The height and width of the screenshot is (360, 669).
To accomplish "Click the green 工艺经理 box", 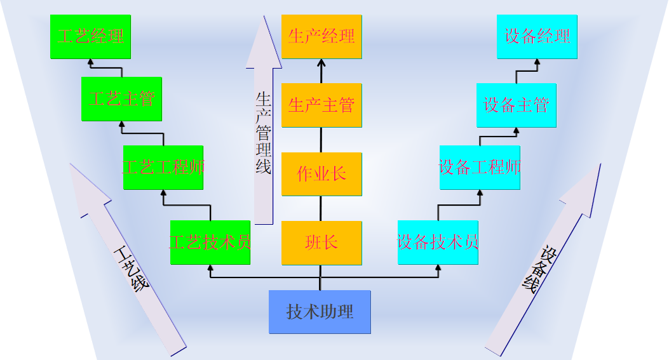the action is click(x=90, y=37).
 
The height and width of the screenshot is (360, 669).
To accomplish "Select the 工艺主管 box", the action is click(x=121, y=99).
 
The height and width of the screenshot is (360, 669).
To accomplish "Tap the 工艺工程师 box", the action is click(x=163, y=168).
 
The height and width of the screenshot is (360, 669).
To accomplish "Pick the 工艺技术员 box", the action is click(x=210, y=243).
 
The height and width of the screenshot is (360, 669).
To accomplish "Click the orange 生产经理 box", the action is click(x=321, y=37).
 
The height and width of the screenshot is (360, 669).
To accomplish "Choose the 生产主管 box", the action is click(x=321, y=105).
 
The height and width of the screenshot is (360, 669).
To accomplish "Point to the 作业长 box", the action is click(x=321, y=174).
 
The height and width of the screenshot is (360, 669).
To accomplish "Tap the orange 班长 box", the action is click(x=321, y=243).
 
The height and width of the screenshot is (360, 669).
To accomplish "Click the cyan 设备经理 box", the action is click(x=537, y=37).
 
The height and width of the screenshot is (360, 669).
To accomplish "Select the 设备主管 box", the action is click(x=517, y=105).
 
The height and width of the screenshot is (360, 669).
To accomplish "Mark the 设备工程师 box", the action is click(x=480, y=168).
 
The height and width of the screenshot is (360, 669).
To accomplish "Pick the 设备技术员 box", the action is click(x=438, y=243).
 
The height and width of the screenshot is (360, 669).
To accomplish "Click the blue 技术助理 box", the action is click(x=320, y=312).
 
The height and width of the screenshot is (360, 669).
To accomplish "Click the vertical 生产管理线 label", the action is click(x=263, y=133).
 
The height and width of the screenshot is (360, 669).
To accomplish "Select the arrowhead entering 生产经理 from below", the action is click(x=321, y=63).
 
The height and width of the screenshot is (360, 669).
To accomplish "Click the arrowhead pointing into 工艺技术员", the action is click(x=210, y=268).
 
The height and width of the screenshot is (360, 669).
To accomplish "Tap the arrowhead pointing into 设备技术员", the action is click(x=438, y=268).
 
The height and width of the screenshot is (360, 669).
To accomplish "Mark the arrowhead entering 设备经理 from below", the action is click(x=537, y=62).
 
